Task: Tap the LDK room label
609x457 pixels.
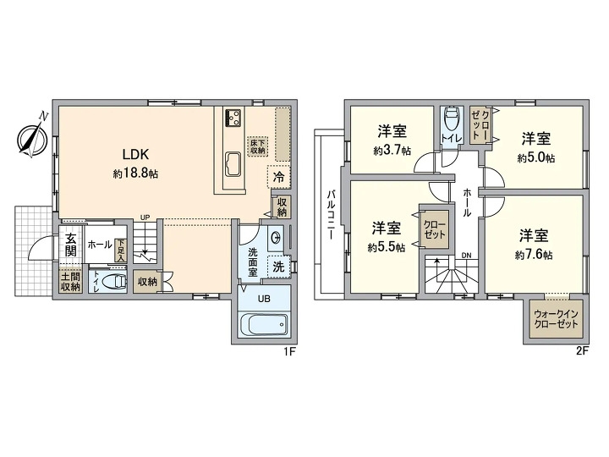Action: (x=135, y=155)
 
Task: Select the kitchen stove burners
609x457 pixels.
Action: (x=233, y=117)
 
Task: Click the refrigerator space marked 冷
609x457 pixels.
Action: (x=279, y=177)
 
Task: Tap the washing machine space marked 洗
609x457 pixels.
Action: (x=279, y=267)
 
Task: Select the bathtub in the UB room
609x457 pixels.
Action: (x=264, y=324)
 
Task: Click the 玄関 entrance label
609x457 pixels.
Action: (x=70, y=245)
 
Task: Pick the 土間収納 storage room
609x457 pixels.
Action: (x=70, y=282)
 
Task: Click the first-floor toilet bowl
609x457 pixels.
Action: (x=115, y=281)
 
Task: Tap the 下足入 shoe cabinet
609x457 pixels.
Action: (x=121, y=251)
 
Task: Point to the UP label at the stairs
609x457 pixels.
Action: (x=145, y=217)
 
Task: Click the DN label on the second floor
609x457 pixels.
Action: (x=466, y=256)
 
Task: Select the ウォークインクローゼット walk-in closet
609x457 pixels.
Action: (x=557, y=319)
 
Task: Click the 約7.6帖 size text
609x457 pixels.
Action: (x=534, y=255)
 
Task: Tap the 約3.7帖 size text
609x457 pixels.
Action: (x=392, y=151)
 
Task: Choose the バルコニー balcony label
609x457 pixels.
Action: (x=331, y=214)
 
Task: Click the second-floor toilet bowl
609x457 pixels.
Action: (x=451, y=118)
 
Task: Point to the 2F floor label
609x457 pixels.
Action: (x=583, y=351)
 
